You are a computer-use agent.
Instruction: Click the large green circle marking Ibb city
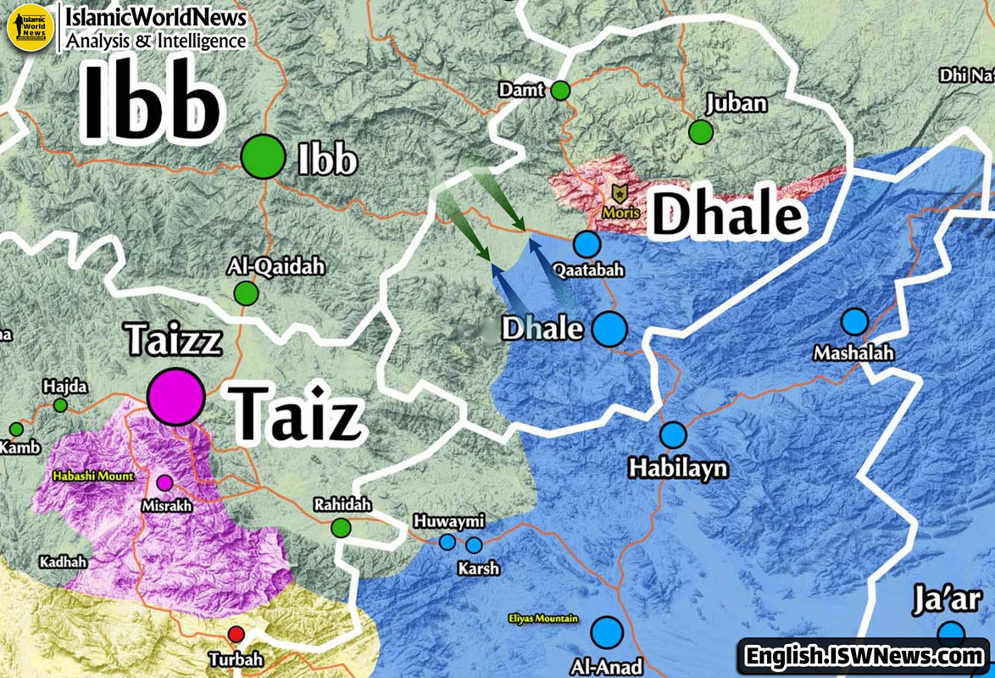click(263, 157)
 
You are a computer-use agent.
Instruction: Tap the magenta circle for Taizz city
click(176, 396)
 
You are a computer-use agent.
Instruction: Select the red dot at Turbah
click(236, 635)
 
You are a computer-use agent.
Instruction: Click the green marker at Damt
click(560, 90)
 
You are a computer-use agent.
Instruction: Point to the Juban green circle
click(701, 132)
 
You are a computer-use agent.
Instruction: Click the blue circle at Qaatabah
click(586, 244)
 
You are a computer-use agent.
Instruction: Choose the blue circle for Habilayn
click(673, 435)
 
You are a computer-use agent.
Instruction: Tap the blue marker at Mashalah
click(854, 322)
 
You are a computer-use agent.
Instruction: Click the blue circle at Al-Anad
click(607, 632)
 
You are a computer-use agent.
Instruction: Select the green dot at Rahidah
click(341, 528)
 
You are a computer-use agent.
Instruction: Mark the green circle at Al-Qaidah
click(246, 293)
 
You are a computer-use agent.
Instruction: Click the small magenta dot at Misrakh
click(165, 483)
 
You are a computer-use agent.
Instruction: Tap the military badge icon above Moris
click(620, 195)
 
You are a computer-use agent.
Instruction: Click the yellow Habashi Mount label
click(93, 476)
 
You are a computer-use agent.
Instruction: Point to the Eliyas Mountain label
click(543, 619)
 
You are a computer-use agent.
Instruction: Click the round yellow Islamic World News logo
click(31, 27)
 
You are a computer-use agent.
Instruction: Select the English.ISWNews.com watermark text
click(863, 655)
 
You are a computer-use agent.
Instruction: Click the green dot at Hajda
click(60, 406)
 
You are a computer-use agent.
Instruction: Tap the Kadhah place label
click(64, 562)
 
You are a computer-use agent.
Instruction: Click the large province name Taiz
click(297, 414)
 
